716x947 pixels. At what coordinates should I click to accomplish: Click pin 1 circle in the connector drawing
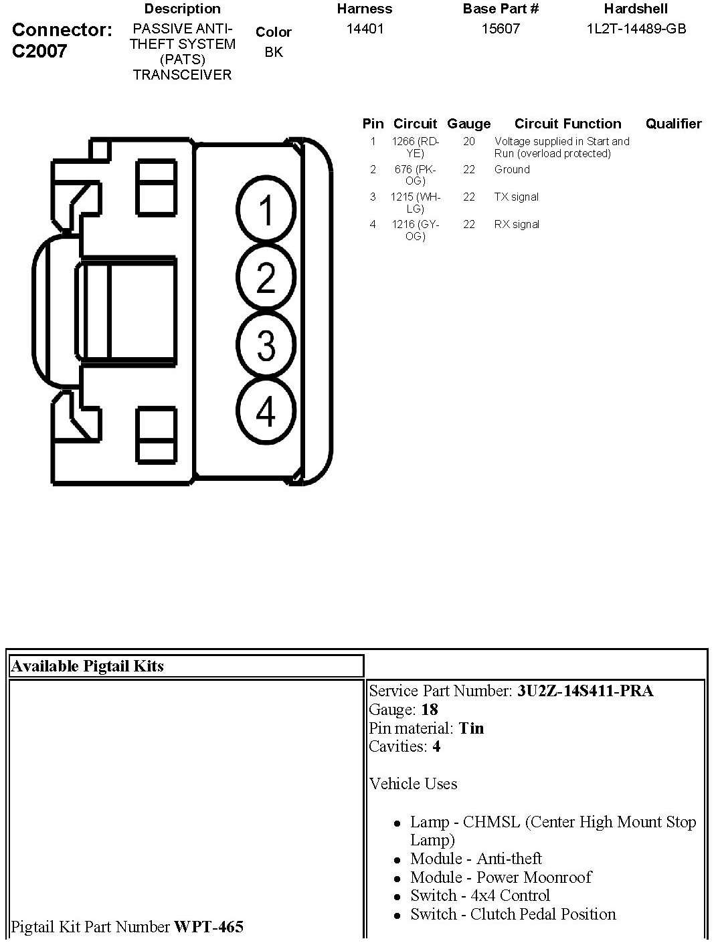click(266, 209)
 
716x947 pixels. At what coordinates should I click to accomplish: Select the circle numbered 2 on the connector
click(266, 278)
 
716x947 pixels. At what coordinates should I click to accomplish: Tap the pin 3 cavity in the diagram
click(266, 345)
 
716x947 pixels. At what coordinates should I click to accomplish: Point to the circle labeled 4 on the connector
click(266, 411)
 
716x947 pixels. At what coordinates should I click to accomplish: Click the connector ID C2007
click(39, 51)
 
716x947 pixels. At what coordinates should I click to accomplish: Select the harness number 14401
click(365, 29)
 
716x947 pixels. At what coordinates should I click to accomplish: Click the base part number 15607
click(501, 29)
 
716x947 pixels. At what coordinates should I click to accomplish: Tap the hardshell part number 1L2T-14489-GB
click(636, 29)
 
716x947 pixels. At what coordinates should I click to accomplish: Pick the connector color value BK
click(274, 51)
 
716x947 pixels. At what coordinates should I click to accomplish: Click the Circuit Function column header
click(567, 124)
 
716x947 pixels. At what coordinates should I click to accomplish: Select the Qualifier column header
click(673, 124)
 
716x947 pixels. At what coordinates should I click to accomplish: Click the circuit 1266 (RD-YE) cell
click(415, 147)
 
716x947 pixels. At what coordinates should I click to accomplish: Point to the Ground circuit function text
click(512, 169)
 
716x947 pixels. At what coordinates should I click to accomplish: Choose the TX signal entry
click(516, 197)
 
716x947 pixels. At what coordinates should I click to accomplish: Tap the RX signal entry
click(517, 224)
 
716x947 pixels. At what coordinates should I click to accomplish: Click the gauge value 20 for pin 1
click(468, 141)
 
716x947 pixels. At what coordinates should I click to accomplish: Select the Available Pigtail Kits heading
click(88, 666)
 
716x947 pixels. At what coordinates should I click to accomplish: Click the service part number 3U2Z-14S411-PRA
click(585, 691)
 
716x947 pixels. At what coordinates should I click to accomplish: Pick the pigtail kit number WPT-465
click(209, 927)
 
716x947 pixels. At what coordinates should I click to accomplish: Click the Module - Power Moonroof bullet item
click(501, 877)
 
